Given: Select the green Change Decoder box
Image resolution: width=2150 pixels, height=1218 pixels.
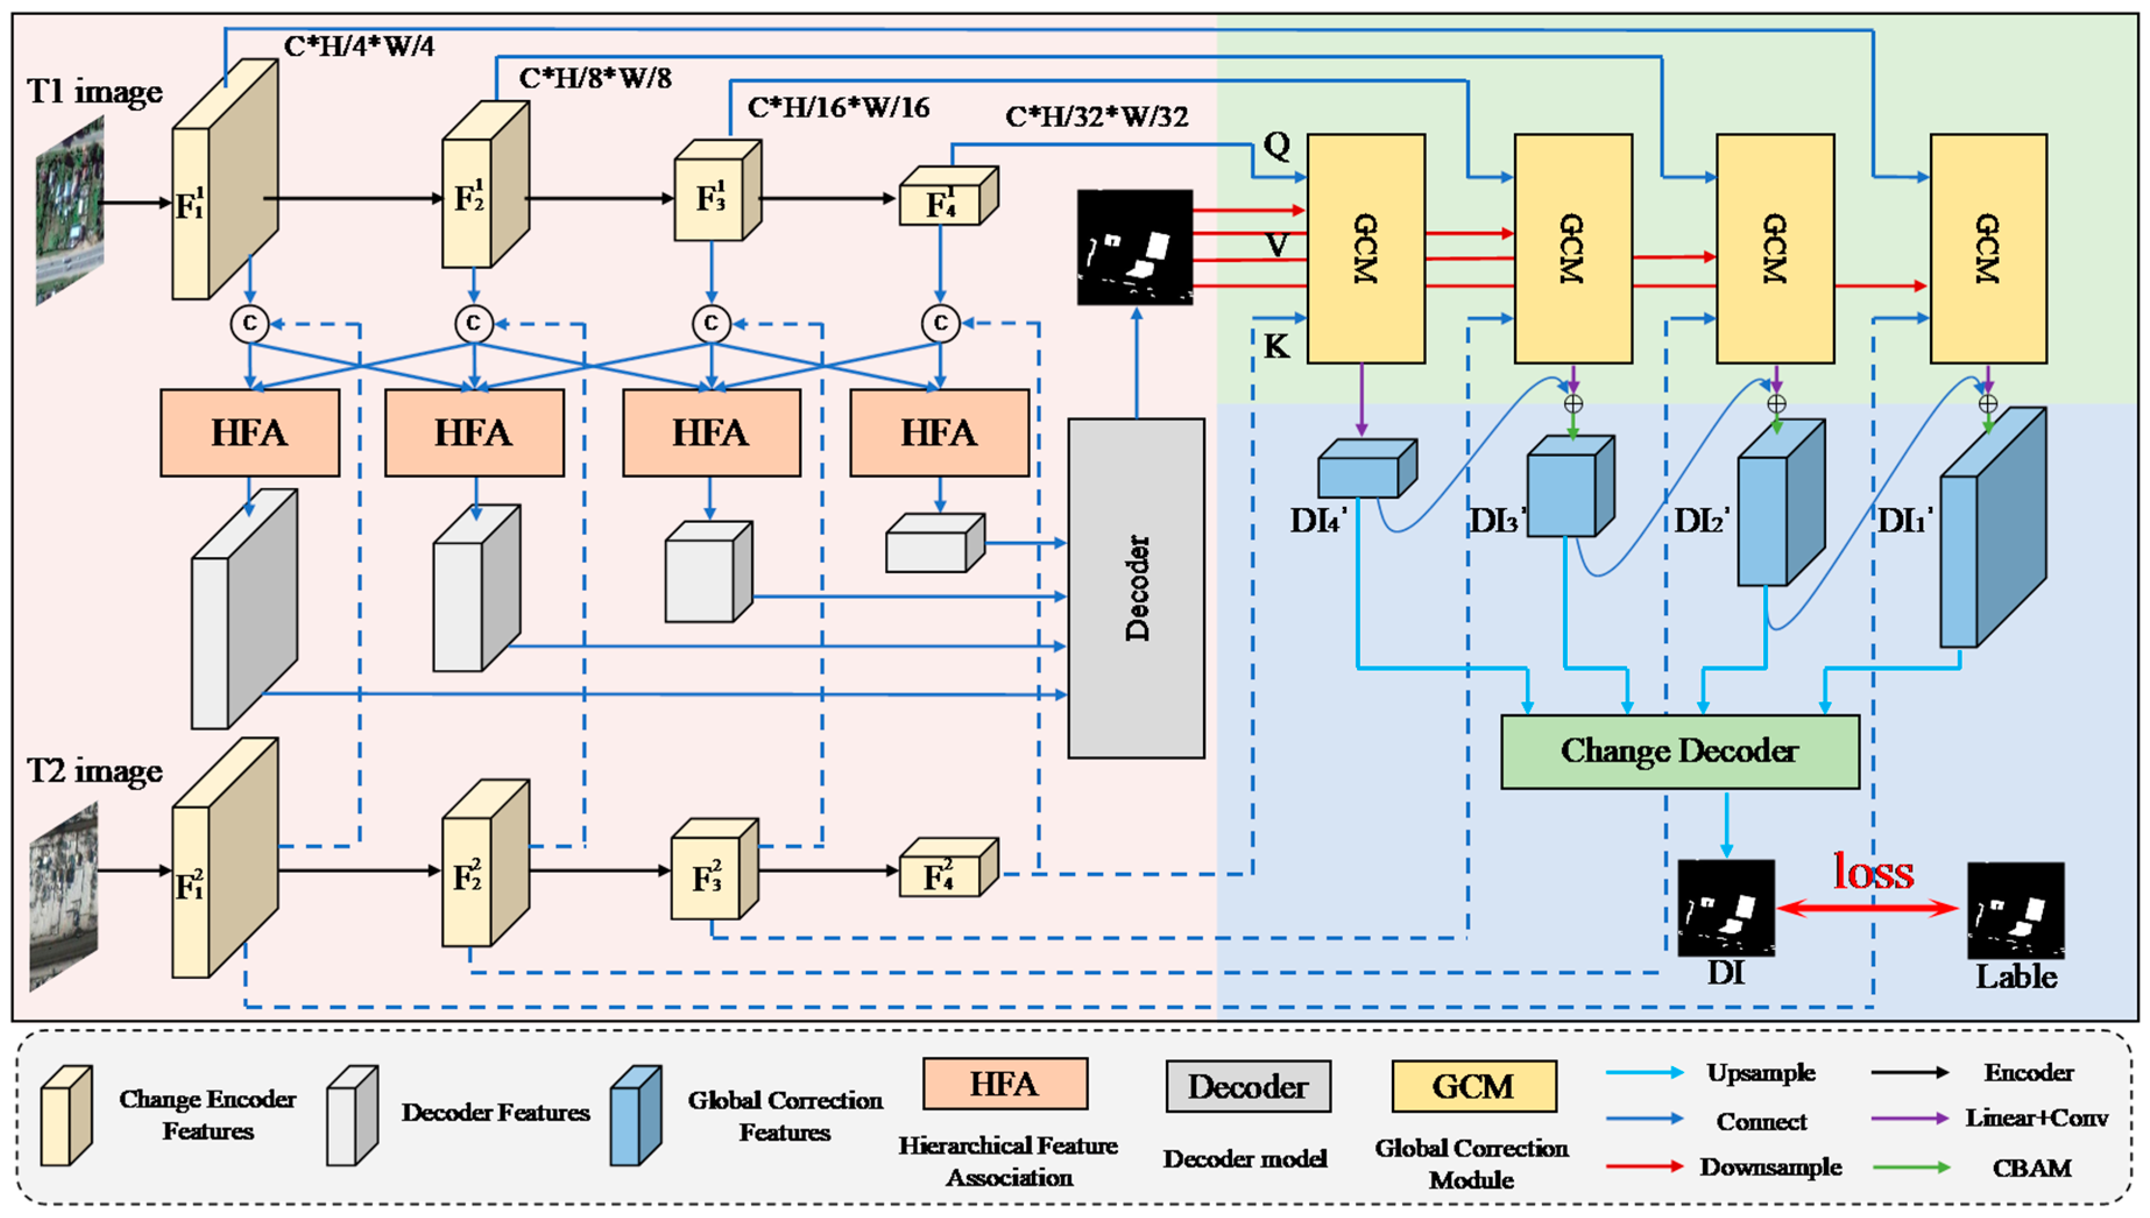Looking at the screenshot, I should click(x=1679, y=751).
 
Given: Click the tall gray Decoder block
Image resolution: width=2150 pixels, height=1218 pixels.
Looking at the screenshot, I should click(x=1136, y=588).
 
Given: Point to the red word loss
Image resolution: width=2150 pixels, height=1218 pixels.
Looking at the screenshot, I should click(x=1873, y=872).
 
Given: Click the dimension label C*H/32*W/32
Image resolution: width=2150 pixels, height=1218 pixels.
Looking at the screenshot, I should click(x=1097, y=116).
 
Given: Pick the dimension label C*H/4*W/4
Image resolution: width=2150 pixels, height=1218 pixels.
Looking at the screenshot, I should click(x=359, y=46).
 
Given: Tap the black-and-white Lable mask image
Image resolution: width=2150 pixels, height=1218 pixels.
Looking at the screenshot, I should click(x=2015, y=910).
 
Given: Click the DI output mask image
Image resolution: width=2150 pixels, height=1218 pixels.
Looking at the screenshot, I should click(x=1725, y=908).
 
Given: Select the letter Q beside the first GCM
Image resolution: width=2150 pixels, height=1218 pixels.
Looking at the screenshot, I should click(x=1277, y=145).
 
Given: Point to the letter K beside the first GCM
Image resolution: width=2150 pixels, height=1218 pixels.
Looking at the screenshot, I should click(x=1276, y=346).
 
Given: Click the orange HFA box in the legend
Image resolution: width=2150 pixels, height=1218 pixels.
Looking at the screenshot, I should click(x=1005, y=1084).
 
